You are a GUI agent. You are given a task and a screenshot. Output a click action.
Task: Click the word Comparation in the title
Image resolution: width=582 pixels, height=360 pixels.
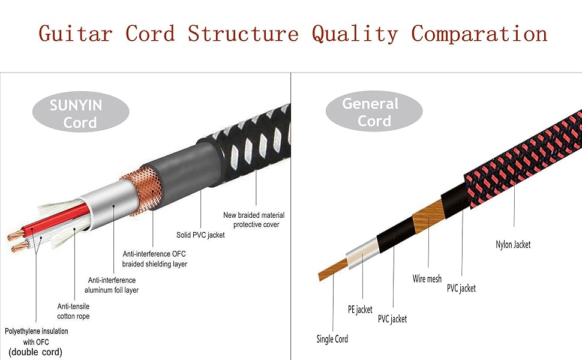(479, 33)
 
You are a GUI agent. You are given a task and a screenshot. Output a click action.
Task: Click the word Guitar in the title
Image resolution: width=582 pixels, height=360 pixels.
(75, 33)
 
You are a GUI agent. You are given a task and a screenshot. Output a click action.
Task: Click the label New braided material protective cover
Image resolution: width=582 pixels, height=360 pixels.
(254, 220)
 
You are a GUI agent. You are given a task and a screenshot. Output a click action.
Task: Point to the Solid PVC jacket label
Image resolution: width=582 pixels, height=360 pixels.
(200, 235)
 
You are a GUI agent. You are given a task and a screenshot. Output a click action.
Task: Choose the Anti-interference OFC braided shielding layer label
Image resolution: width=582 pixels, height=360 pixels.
(155, 259)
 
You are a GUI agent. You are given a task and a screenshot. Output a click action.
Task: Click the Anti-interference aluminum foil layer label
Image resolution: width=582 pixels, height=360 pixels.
(112, 285)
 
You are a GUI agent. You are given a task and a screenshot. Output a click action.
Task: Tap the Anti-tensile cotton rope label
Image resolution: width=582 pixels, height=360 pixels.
(73, 311)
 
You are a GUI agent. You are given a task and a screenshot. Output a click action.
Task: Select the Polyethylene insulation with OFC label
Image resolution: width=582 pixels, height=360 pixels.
(36, 335)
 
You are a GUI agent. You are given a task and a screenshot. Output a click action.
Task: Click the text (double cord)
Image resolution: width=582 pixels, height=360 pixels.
(35, 352)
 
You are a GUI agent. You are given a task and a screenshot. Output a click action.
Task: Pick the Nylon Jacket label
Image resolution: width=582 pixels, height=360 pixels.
(513, 244)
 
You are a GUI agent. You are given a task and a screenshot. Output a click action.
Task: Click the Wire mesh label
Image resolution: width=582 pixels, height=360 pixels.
(427, 279)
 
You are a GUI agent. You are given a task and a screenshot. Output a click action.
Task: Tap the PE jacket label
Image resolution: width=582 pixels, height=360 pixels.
(360, 310)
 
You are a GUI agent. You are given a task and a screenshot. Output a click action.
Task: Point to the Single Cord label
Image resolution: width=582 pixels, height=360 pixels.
(332, 339)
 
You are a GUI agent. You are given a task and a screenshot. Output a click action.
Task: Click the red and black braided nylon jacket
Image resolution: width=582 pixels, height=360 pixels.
(522, 162)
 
